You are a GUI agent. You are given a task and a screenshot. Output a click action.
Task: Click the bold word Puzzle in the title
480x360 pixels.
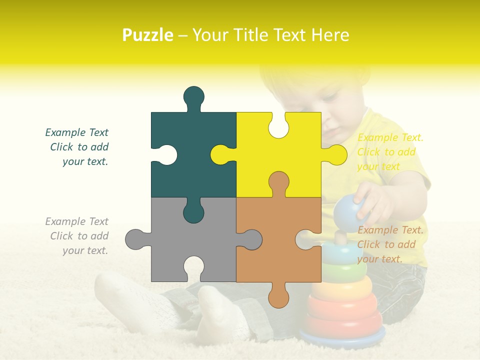tap(147, 35)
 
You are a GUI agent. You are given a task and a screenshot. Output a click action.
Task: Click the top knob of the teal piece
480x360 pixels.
tap(193, 96)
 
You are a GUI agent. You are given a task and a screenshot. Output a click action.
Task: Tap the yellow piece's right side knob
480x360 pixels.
tap(336, 154)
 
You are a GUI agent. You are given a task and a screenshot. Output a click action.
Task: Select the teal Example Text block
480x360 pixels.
tap(77, 147)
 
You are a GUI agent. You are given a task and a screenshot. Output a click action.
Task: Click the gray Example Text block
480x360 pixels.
tap(77, 236)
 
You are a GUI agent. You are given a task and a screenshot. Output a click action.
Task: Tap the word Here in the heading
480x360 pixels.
tap(330, 35)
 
